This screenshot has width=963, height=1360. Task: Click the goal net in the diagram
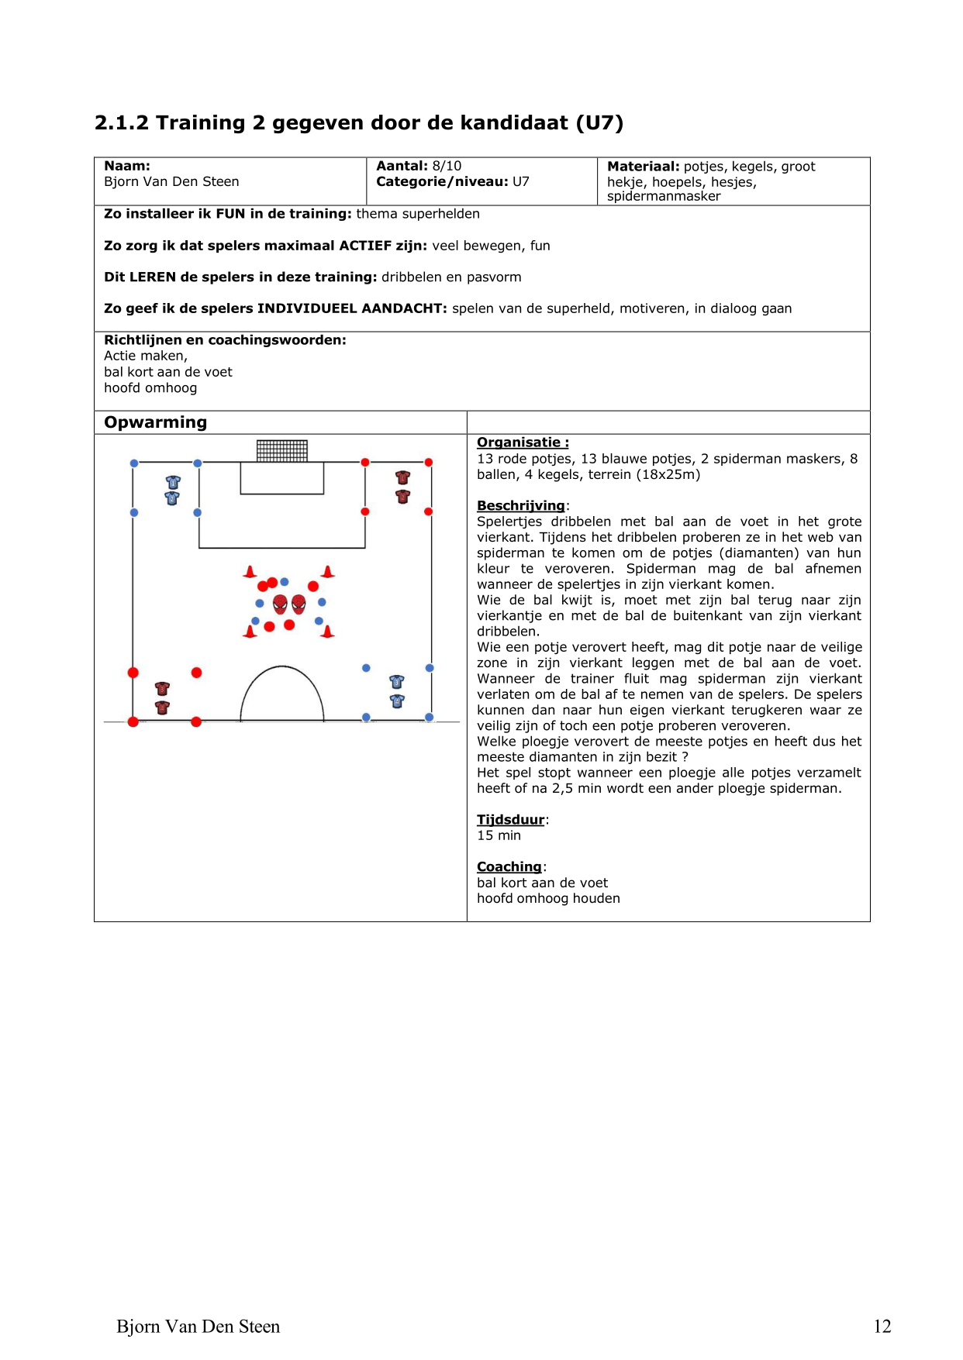point(282,450)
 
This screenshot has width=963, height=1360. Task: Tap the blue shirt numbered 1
point(173,482)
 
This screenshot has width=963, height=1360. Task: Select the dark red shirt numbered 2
point(402,496)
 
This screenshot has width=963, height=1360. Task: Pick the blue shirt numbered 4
point(397,701)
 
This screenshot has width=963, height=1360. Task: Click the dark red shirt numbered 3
point(162,688)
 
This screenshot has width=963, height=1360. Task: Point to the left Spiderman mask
point(280,604)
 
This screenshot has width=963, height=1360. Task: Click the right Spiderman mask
point(299,604)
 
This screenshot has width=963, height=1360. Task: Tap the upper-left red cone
point(250,572)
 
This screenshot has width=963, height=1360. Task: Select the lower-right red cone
point(327,632)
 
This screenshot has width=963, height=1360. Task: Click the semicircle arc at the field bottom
point(282,668)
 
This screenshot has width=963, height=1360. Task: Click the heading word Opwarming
point(155,422)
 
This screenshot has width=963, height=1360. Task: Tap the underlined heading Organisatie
point(522,442)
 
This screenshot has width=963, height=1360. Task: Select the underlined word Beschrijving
point(520,505)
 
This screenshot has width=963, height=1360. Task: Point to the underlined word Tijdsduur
point(510,819)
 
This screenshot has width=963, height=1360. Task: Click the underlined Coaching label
point(509,866)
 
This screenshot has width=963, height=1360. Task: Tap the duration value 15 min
point(499,835)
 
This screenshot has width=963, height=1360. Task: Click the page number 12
point(882,1327)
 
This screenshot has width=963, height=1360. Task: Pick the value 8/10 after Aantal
point(447,166)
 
